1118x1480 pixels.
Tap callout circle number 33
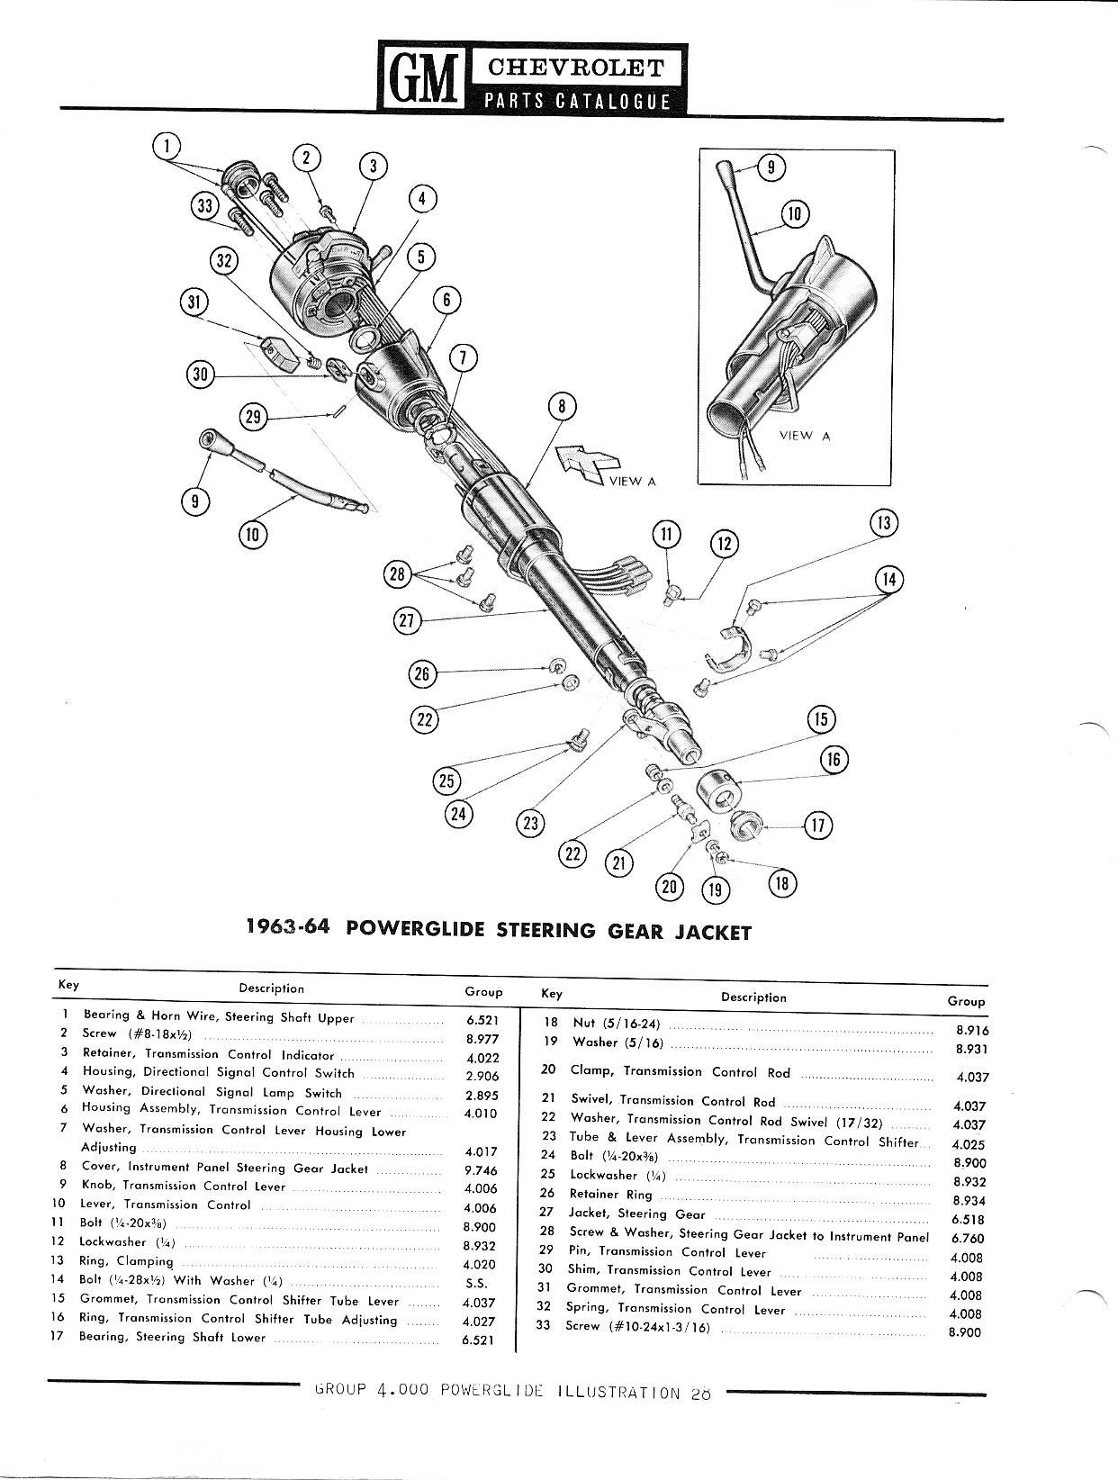click(206, 206)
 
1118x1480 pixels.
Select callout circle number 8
click(562, 407)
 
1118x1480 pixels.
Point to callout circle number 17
click(818, 826)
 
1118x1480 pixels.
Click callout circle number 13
click(885, 523)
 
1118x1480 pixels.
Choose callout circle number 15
click(821, 719)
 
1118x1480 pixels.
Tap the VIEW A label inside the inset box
click(804, 436)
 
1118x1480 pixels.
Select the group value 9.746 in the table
click(481, 1170)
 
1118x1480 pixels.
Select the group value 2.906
click(482, 1076)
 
